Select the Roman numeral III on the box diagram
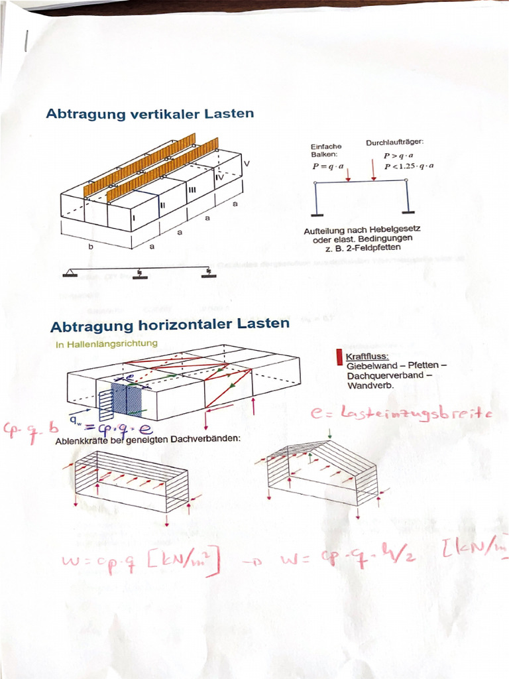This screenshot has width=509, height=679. coord(192,190)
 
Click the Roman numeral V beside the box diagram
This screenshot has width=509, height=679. coord(247,163)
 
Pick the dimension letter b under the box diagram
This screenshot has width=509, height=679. coord(91,246)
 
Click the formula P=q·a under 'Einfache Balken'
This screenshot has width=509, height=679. coord(328,166)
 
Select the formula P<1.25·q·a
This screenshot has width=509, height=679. coord(408,166)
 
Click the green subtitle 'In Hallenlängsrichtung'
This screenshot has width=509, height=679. coord(107,343)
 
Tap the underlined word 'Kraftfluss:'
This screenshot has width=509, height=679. coord(367,357)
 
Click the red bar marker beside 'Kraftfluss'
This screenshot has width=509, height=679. coord(339,357)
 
